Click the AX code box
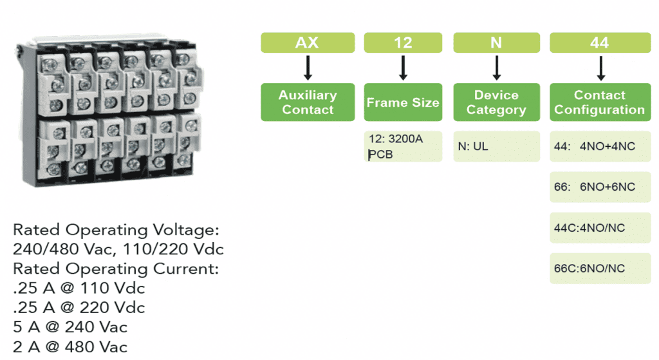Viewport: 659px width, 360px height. click(307, 43)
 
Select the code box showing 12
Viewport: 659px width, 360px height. click(403, 43)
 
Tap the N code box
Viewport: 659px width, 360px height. click(496, 43)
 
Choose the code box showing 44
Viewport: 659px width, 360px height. click(599, 43)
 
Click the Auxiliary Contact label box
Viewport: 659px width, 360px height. click(307, 102)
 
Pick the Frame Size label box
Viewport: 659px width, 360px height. click(403, 102)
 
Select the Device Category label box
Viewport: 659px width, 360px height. click(496, 102)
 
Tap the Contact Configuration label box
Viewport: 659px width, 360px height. click(599, 102)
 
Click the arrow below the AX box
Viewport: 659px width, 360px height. click(308, 68)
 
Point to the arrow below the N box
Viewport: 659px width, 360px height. click(496, 68)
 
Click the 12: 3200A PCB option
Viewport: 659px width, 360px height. click(403, 147)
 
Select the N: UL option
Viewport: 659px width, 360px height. click(496, 147)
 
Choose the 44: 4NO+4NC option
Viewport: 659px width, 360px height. click(599, 147)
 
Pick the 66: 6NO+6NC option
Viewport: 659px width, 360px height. click(599, 187)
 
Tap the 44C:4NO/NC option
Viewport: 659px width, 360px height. click(599, 228)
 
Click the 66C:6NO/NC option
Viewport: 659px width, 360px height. click(599, 269)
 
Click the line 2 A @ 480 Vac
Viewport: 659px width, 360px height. click(70, 347)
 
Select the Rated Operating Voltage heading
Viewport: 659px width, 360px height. click(116, 230)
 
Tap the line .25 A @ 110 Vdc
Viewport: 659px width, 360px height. click(79, 288)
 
